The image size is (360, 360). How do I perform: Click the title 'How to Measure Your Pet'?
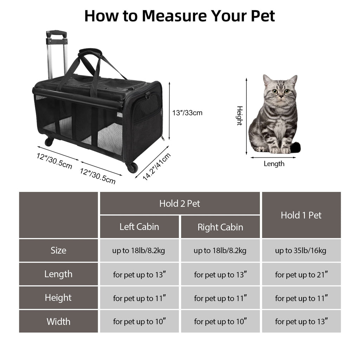tap(180, 16)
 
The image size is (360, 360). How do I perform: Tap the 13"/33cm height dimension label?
tap(187, 113)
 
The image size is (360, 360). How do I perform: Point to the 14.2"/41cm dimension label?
tap(156, 167)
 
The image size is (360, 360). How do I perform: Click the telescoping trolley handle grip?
tap(57, 33)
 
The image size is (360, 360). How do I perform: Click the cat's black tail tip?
tap(295, 147)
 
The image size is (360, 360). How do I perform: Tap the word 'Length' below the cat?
tap(274, 164)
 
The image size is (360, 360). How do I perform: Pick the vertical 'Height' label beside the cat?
tap(239, 116)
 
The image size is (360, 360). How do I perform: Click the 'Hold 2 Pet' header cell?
tap(180, 204)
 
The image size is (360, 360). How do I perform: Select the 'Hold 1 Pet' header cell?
tap(301, 215)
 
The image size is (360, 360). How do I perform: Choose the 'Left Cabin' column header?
tap(139, 227)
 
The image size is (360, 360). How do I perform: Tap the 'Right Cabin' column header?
tap(220, 227)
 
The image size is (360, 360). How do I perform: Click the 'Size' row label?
tap(58, 250)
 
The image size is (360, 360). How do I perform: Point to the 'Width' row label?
tap(58, 321)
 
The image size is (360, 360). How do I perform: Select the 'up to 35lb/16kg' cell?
tap(301, 250)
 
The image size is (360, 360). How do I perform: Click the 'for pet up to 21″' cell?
tap(301, 274)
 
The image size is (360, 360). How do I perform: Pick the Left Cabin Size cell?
tap(139, 250)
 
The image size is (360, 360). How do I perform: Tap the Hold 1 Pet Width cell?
tap(301, 321)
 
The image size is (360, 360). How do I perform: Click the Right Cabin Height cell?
tap(220, 298)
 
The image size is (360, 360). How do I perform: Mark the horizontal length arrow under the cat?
tap(273, 158)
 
